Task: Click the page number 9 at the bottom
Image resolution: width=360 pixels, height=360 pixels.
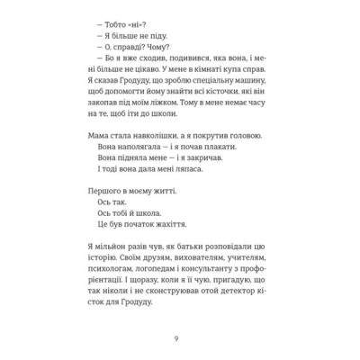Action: coord(180,337)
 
